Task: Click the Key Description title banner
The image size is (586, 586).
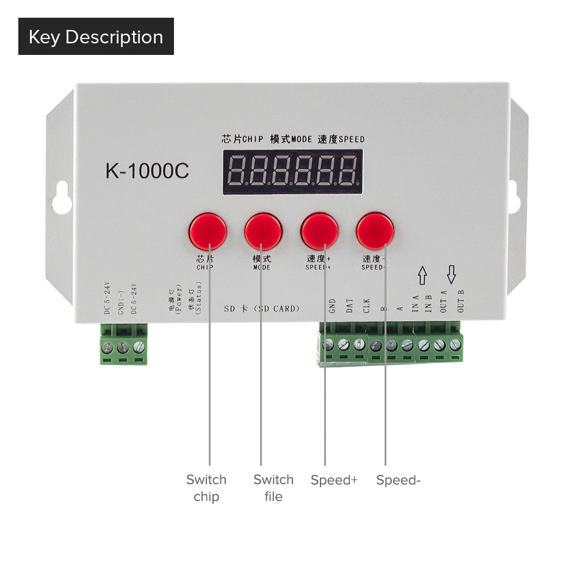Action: point(96,37)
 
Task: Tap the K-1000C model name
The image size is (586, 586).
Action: point(147,171)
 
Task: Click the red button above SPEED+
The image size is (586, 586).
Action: point(320,231)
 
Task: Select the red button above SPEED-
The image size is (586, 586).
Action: point(375,230)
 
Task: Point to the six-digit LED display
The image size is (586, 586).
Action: point(293,173)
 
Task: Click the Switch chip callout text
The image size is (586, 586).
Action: point(206,488)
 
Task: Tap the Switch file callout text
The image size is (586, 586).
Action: point(273,488)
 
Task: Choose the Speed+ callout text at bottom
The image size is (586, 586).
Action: point(334,480)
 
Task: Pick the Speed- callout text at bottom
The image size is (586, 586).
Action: point(398,480)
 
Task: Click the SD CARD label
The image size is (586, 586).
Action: point(262,308)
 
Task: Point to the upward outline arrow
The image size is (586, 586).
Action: point(422,275)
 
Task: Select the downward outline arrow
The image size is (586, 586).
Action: point(452,275)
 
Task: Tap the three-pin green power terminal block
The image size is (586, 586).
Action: point(124,346)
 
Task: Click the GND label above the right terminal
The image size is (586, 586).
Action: point(332,305)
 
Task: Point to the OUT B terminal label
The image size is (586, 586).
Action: point(461,300)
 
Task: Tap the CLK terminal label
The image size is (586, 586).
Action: point(366,305)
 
